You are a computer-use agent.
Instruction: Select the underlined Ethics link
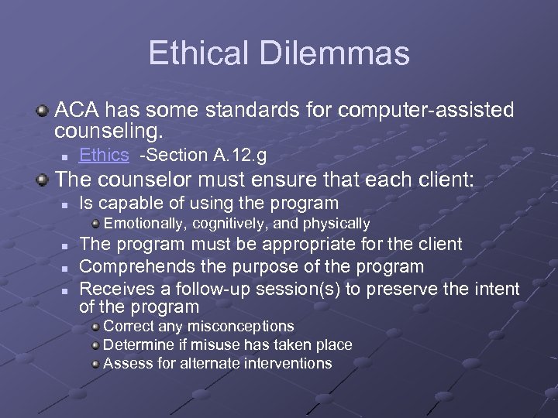[104, 156]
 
